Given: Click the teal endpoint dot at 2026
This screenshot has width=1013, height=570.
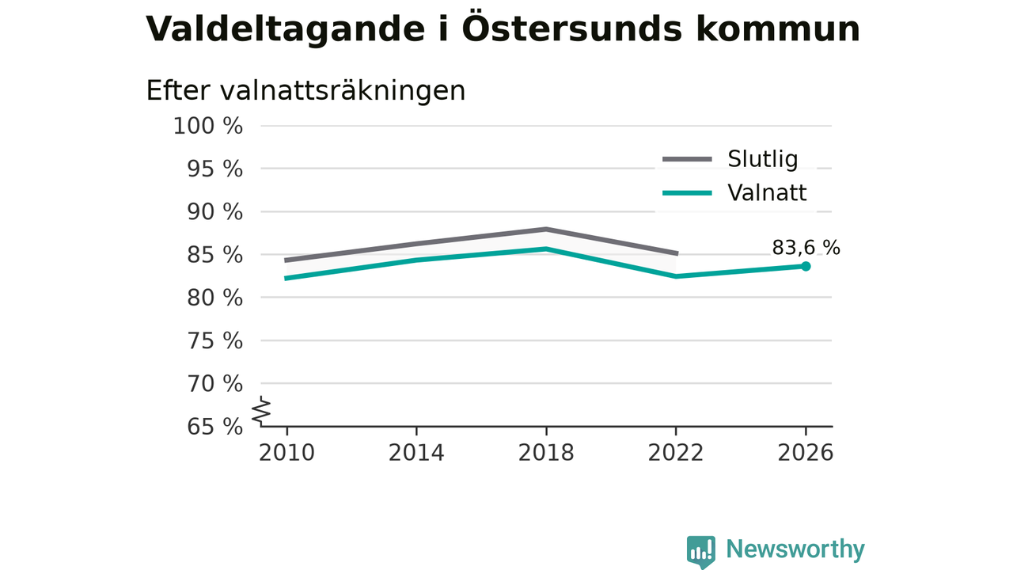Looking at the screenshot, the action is [x=806, y=267].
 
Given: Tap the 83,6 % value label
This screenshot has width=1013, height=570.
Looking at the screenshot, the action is [x=806, y=248].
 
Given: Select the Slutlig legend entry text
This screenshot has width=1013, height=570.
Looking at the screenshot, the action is [x=762, y=159].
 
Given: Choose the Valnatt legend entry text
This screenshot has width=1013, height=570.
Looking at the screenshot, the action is [x=767, y=192].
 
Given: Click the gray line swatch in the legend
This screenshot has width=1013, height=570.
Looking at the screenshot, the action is [x=688, y=159].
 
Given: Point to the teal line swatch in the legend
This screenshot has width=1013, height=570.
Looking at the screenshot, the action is [x=688, y=193].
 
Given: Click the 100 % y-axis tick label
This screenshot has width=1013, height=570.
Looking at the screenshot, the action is [x=208, y=126].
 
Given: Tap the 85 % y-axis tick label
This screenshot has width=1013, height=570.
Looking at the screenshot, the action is [x=214, y=255].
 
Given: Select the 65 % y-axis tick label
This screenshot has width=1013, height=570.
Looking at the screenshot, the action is [x=214, y=427].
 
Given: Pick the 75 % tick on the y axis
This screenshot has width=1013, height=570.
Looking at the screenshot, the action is [x=214, y=340].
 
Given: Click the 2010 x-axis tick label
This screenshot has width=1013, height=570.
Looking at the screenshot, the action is [x=286, y=453].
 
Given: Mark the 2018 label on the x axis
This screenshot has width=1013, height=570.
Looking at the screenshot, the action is [x=546, y=453].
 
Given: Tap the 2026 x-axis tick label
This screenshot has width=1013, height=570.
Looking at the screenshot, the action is [x=805, y=453].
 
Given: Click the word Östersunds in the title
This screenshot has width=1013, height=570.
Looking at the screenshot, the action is [x=571, y=28].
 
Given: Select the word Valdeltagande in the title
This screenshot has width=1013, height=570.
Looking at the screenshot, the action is [x=286, y=29].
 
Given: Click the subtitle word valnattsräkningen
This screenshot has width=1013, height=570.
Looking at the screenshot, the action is [x=343, y=91].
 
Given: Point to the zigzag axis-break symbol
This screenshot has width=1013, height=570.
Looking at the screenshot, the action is [x=261, y=411].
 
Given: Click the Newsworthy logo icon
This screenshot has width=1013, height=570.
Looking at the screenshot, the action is [x=701, y=552].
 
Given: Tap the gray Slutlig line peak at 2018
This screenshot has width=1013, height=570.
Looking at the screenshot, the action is [x=546, y=230].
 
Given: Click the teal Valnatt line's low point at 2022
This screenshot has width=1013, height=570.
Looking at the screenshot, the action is [x=676, y=276].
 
